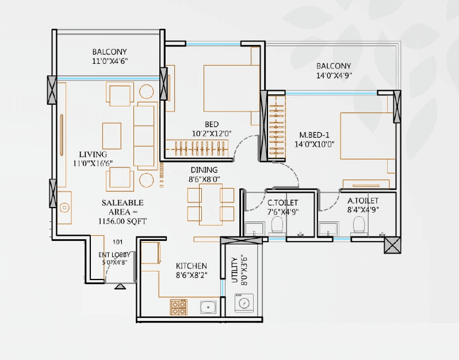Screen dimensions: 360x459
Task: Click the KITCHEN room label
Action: click(191, 265)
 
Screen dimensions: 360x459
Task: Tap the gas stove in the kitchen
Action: click(178, 307)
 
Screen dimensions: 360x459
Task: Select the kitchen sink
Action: click(208, 307)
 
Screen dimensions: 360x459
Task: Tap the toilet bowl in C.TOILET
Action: click(277, 224)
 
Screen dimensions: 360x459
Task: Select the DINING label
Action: click(204, 170)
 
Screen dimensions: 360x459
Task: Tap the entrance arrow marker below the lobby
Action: click(121, 286)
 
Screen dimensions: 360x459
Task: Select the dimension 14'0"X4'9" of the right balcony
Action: click(334, 75)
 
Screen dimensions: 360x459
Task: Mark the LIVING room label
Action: click(93, 154)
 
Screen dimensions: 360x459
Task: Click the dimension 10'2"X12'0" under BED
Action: click(211, 133)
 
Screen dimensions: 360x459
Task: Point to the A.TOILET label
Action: click(363, 201)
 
